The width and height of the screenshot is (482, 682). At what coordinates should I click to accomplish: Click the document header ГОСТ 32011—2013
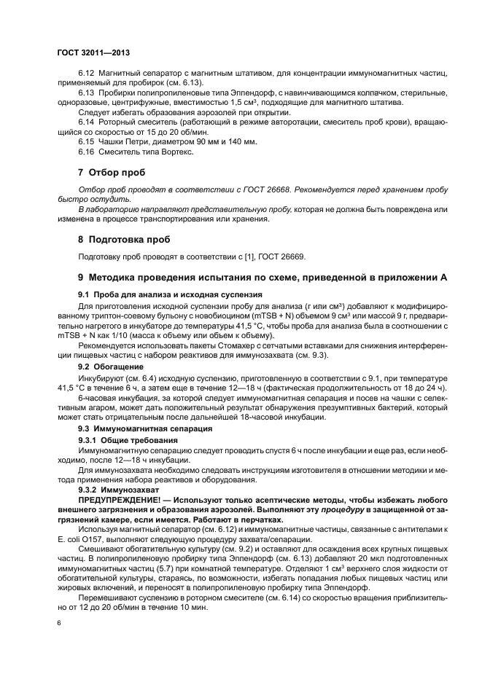point(93,53)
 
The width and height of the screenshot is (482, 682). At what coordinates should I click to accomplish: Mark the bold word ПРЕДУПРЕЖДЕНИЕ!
point(122,502)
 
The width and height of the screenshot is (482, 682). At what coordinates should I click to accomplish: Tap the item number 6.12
point(87,74)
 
